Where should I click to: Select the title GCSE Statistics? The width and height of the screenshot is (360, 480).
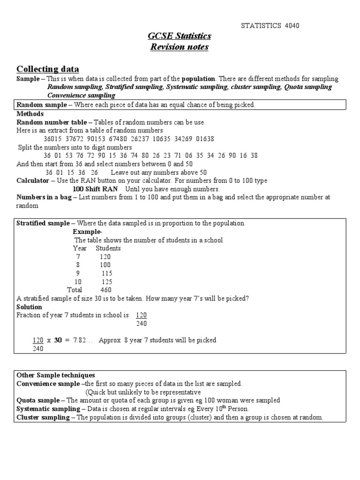coord(180,36)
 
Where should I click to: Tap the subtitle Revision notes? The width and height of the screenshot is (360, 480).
coord(180,47)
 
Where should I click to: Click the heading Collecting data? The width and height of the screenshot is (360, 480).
coord(48,69)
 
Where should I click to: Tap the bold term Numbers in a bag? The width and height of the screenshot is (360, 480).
coord(44,197)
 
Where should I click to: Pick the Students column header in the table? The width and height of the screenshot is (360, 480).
coord(108,248)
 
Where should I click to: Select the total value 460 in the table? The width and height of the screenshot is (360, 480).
coord(106,290)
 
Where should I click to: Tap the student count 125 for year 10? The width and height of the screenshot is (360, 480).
coord(107,282)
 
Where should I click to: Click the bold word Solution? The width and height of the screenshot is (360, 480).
coord(30,307)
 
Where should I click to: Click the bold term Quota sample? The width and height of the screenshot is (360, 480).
coord(37,400)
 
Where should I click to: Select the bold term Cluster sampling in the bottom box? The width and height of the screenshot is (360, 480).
coord(43,417)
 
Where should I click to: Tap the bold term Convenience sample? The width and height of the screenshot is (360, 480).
coord(48,383)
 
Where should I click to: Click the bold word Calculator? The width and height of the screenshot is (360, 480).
coord(33,180)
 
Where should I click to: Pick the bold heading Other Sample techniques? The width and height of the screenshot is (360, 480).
coord(56,375)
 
